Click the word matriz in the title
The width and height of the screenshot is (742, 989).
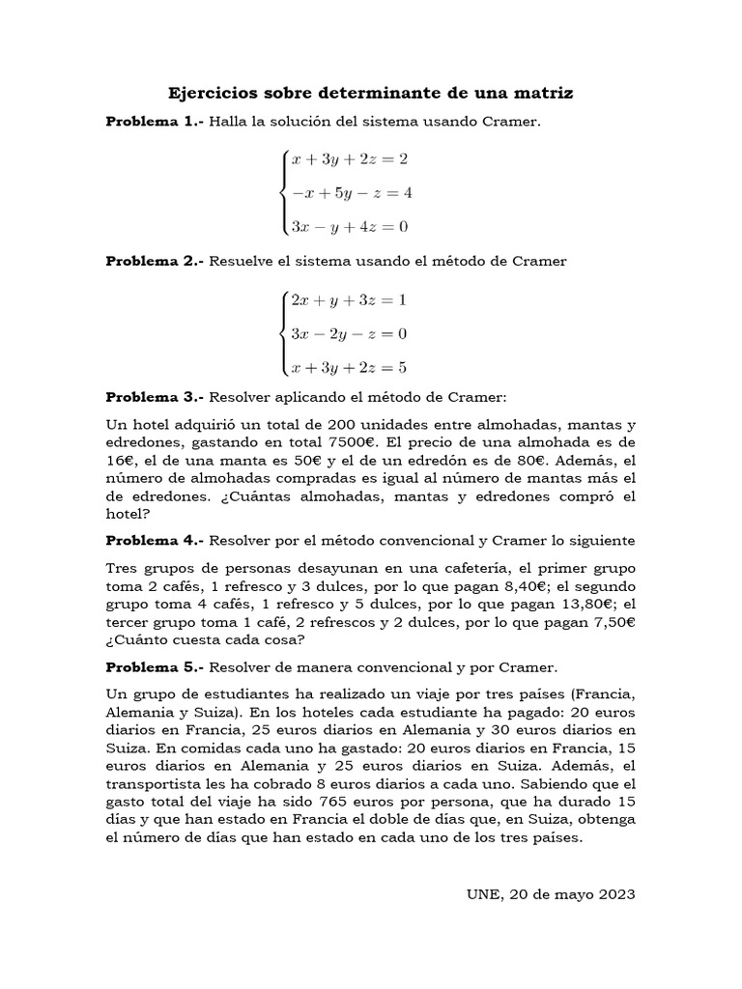(x=541, y=94)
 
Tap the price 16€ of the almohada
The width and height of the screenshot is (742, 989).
(x=121, y=462)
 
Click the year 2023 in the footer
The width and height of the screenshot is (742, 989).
(x=616, y=894)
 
